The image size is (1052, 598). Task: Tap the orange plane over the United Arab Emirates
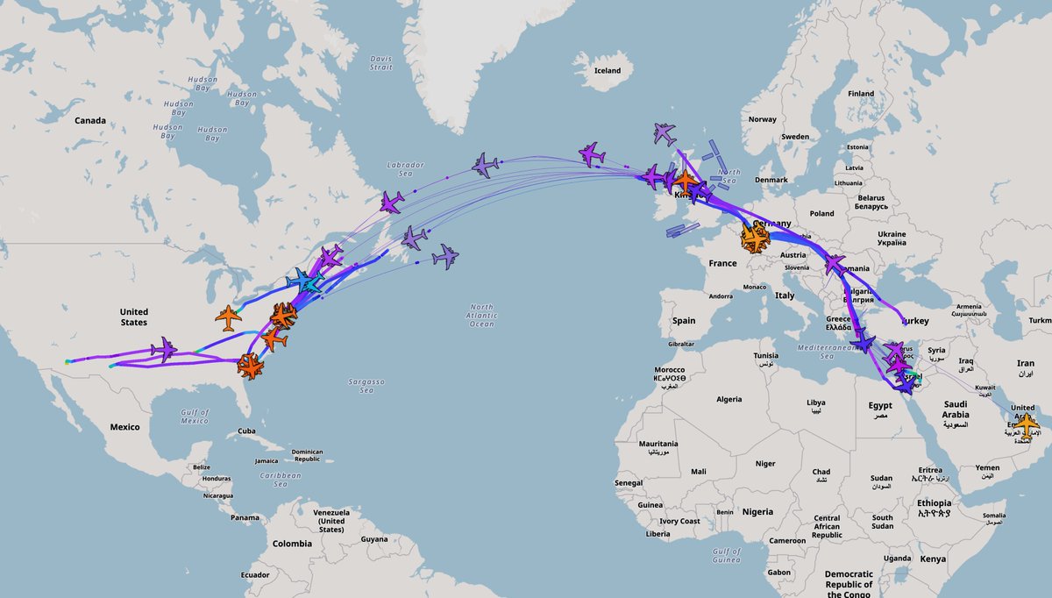coord(1026,422)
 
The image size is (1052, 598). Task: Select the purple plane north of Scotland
coord(665,133)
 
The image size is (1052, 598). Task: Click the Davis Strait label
coord(381,62)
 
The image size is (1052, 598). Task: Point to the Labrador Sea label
coord(405,169)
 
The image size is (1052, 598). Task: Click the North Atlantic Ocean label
coord(481,316)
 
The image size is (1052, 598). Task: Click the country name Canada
coord(89,120)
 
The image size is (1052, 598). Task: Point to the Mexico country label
coord(124,427)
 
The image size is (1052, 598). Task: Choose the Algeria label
coord(729,399)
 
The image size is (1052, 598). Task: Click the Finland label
coord(861,94)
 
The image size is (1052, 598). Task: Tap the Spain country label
coord(684,321)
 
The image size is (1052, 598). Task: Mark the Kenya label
coord(933,559)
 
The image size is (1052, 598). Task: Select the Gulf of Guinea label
coord(727,555)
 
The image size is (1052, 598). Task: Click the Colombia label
coord(291,544)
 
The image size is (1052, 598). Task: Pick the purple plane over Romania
coord(835,264)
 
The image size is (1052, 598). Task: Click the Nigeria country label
coord(757,511)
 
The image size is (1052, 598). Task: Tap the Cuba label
coord(247,431)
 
